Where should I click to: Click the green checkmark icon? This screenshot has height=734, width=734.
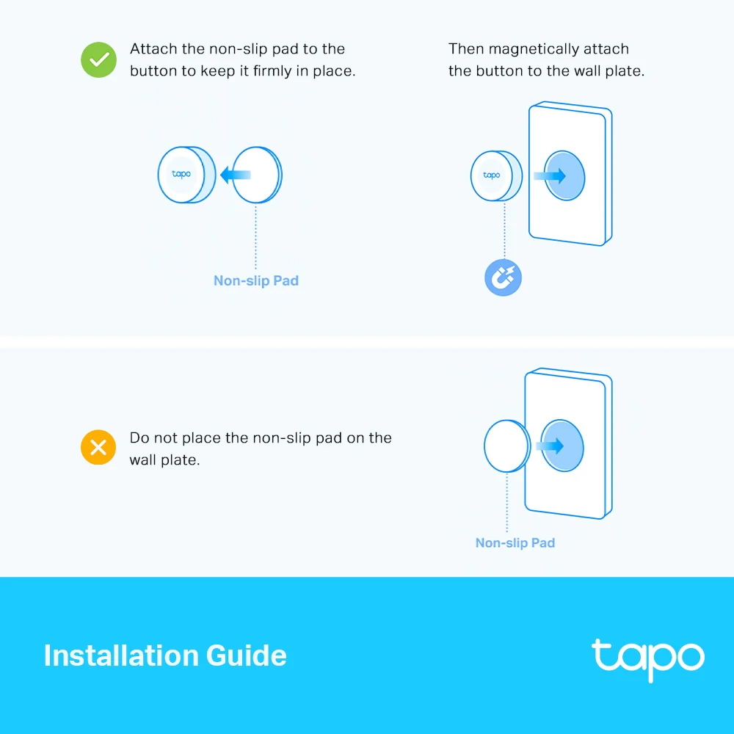[x=98, y=60]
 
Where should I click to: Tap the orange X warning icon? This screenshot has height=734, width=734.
[x=98, y=447]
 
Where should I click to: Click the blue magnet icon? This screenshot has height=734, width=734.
[x=503, y=278]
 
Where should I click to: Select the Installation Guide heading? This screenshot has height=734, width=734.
[x=165, y=655]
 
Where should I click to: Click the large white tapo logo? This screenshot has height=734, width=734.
[x=647, y=658]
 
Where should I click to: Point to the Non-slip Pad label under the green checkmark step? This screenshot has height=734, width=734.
[x=256, y=280]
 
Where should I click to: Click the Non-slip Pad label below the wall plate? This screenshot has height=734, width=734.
[x=515, y=543]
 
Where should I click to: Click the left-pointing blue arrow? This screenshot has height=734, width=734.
[x=235, y=175]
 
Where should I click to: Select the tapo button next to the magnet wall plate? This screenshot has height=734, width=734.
[x=493, y=175]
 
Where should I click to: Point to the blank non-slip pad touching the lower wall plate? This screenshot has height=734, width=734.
[x=506, y=446]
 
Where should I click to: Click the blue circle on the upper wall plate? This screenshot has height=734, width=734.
[x=564, y=175]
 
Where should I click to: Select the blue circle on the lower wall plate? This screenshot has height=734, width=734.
[x=562, y=446]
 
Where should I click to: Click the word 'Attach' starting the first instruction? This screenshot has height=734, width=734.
[x=154, y=49]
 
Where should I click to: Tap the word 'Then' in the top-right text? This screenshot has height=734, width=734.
[x=466, y=49]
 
